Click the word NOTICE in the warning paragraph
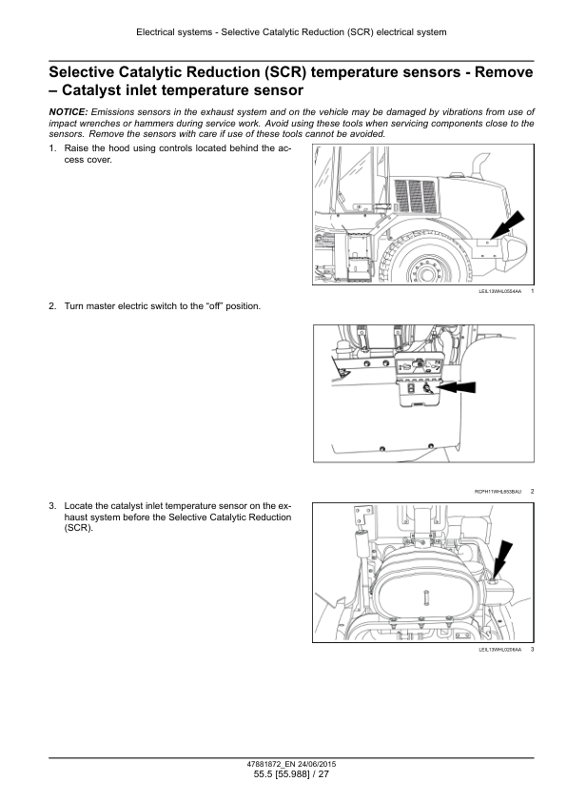coord(68,112)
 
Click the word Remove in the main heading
coord(503,72)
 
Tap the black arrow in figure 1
coord(506,225)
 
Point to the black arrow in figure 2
coord(455,387)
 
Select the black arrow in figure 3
coord(501,559)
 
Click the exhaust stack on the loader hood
coord(479,166)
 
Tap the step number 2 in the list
coord(52,306)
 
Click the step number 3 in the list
coord(52,506)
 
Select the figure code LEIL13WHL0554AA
coord(500,291)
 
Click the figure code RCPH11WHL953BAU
coord(499,492)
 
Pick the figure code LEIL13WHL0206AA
coord(500,650)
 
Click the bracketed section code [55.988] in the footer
coord(292,774)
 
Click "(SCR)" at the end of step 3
coord(79,528)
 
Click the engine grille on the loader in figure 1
coord(416,196)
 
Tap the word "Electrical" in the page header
coord(155,32)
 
